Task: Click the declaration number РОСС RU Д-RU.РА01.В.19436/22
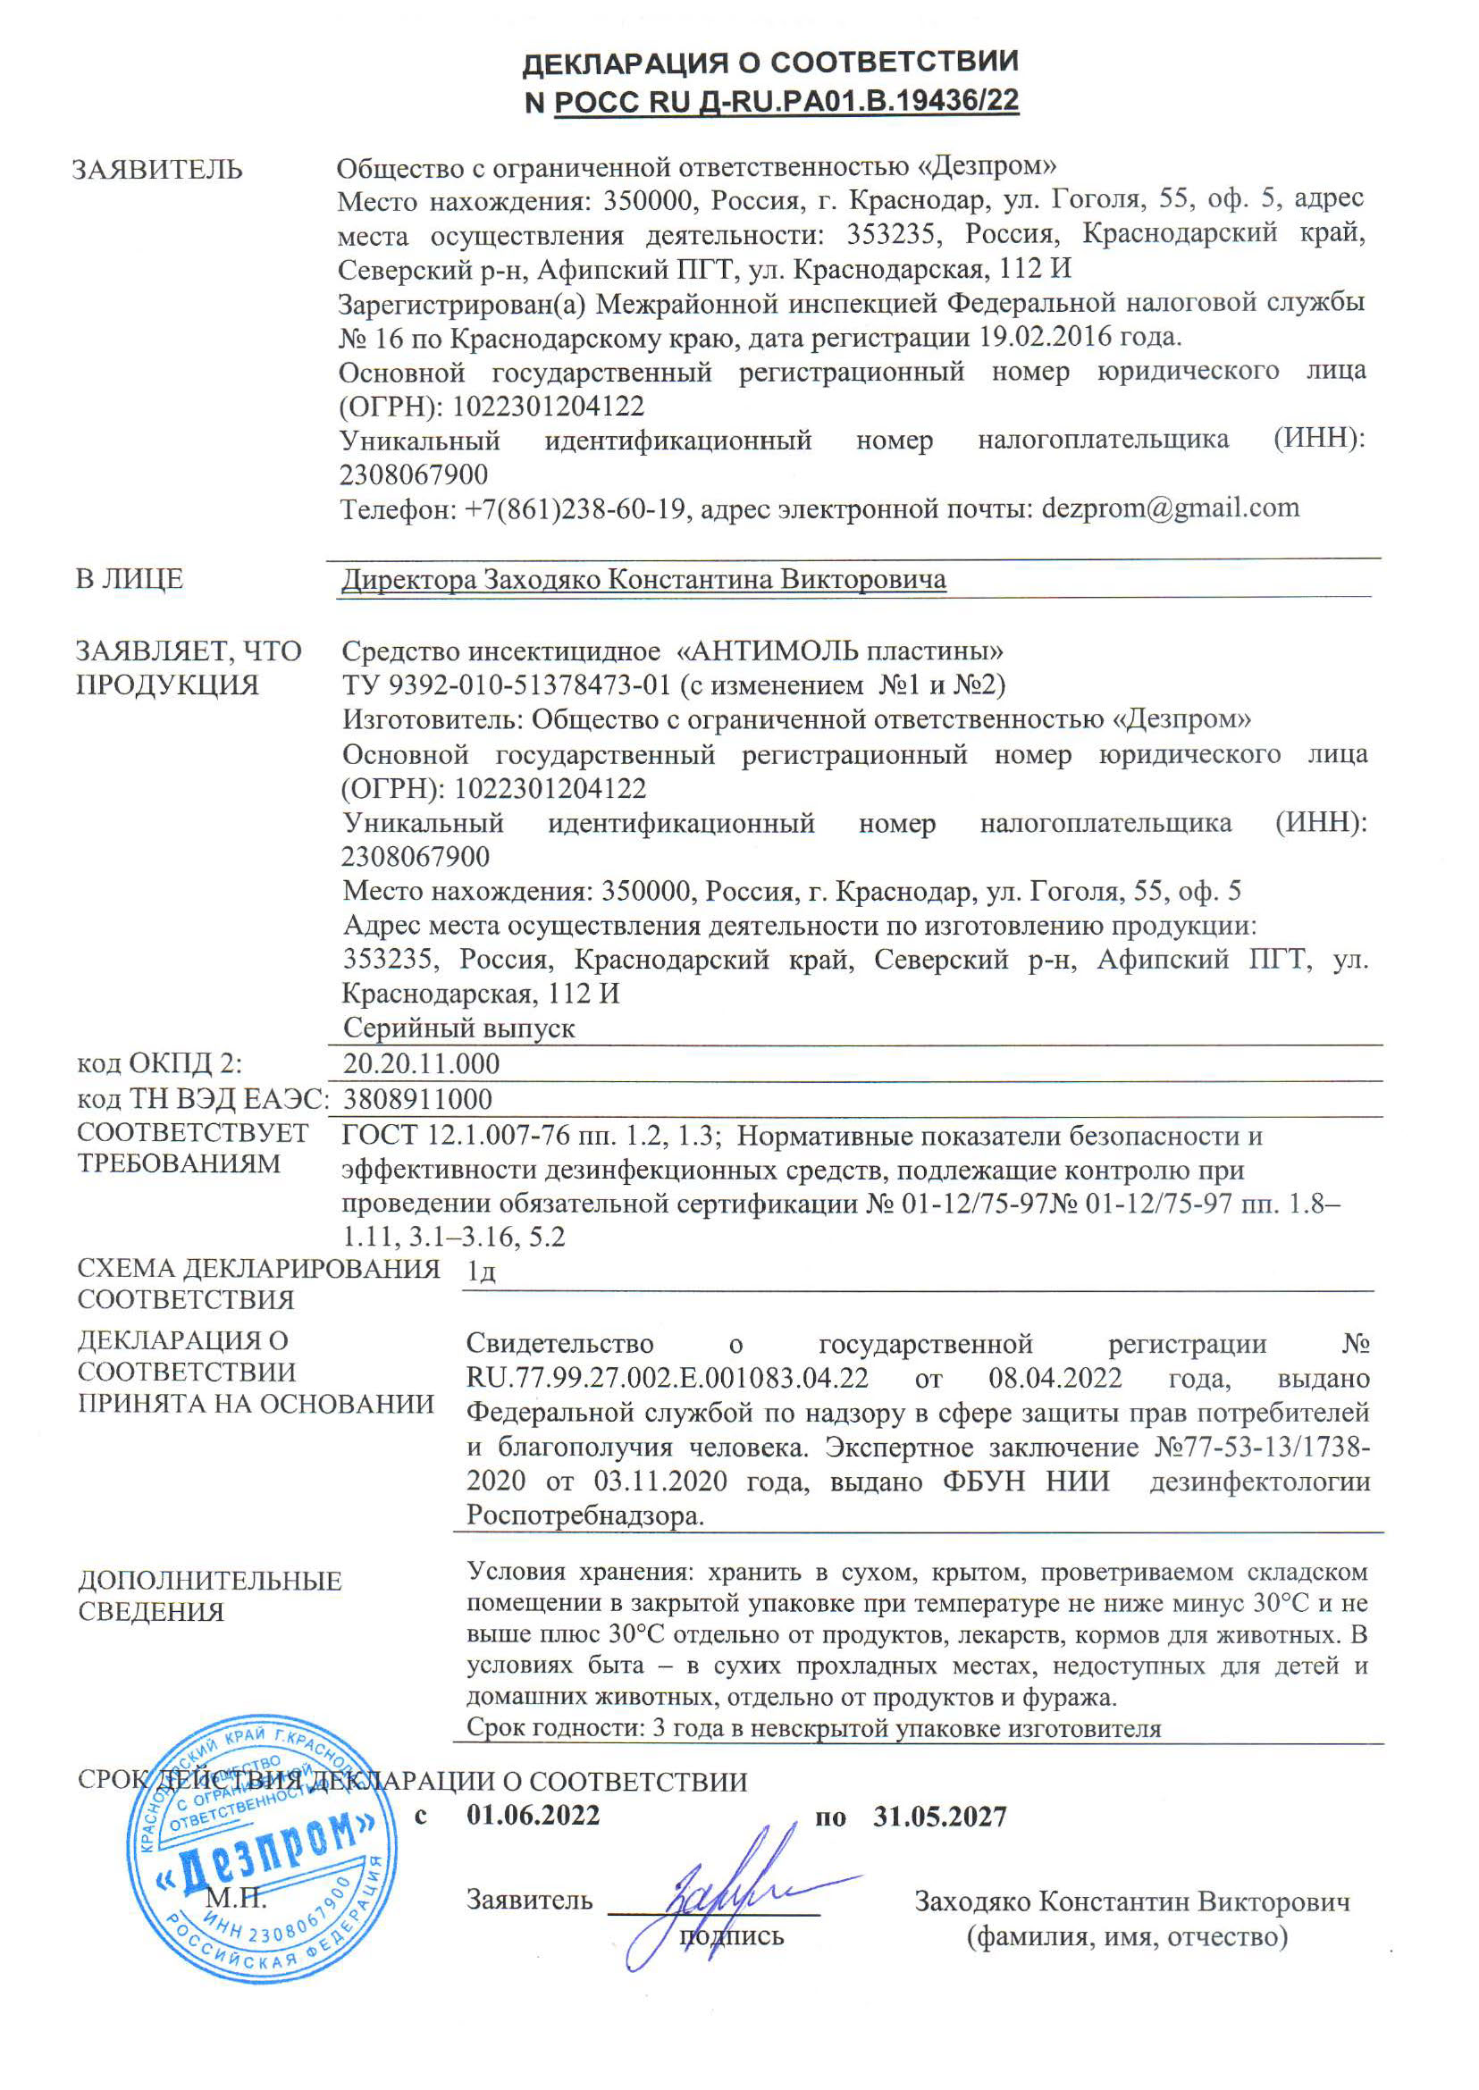[x=786, y=101]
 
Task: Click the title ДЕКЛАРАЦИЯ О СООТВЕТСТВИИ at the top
[x=770, y=63]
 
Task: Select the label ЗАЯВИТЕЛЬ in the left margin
[x=157, y=171]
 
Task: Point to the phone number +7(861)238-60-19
[x=575, y=509]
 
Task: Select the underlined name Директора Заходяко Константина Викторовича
[x=643, y=579]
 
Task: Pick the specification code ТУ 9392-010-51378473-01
[x=507, y=684]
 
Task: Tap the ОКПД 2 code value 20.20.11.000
[x=421, y=1063]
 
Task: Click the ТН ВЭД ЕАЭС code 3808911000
[x=417, y=1099]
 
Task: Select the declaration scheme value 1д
[x=480, y=1271]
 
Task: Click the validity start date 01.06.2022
[x=533, y=1815]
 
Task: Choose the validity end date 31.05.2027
[x=940, y=1817]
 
